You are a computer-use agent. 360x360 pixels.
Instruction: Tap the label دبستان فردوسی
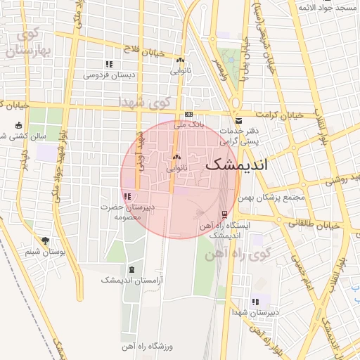(110, 75)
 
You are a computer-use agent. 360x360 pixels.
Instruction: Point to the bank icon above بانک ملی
(188, 114)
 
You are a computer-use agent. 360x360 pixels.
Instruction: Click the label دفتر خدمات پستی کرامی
(240, 136)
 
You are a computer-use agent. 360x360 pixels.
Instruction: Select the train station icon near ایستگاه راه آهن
(224, 214)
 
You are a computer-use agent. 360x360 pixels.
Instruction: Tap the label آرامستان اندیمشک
(131, 280)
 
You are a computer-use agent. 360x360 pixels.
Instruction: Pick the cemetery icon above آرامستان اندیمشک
(131, 269)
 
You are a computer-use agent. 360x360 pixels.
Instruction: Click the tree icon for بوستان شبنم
(46, 240)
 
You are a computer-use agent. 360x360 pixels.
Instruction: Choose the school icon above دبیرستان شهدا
(255, 301)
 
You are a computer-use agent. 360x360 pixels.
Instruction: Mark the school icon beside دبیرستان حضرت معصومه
(126, 196)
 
